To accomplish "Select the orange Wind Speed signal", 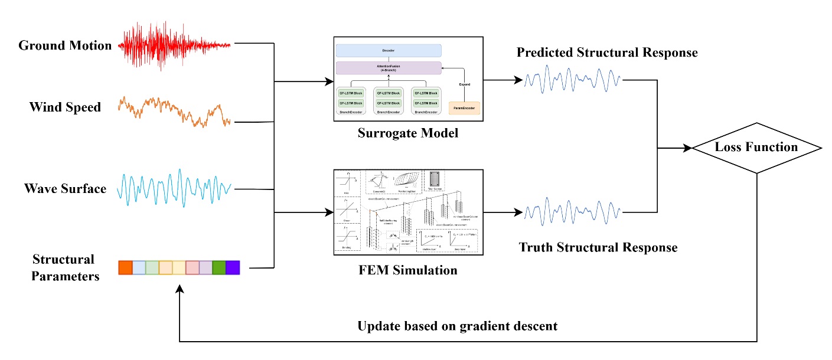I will [x=174, y=112].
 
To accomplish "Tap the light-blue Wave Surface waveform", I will [x=174, y=188].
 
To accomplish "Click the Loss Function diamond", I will [x=756, y=148].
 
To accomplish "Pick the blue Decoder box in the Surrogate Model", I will [x=389, y=51].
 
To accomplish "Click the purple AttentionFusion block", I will [x=389, y=68].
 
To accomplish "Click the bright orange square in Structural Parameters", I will [x=125, y=267].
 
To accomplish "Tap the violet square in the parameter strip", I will [x=233, y=267].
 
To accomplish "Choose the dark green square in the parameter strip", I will [x=218, y=267].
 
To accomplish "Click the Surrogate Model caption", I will [x=408, y=133].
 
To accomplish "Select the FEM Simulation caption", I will [x=408, y=271].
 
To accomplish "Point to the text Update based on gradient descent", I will [x=456, y=326].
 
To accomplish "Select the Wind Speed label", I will [x=65, y=107].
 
